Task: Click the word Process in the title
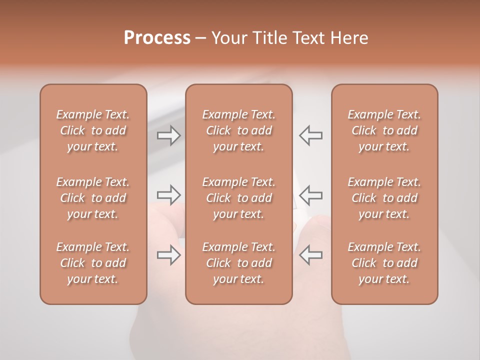pyautogui.click(x=157, y=38)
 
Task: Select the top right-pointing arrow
pyautogui.click(x=168, y=135)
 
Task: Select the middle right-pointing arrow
pyautogui.click(x=168, y=194)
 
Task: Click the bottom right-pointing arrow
pyautogui.click(x=168, y=255)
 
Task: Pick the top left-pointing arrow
pyautogui.click(x=310, y=135)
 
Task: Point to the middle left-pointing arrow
pyautogui.click(x=310, y=194)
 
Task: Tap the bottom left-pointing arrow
pyautogui.click(x=310, y=255)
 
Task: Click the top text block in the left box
pyautogui.click(x=93, y=130)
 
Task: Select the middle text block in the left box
pyautogui.click(x=93, y=198)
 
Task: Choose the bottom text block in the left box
pyautogui.click(x=93, y=263)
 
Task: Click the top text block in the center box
pyautogui.click(x=238, y=130)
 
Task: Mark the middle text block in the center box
pyautogui.click(x=238, y=198)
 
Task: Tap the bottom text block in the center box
pyautogui.click(x=238, y=263)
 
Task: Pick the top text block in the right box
pyautogui.click(x=384, y=130)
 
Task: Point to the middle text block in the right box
pyautogui.click(x=384, y=198)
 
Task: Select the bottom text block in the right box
pyautogui.click(x=384, y=263)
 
